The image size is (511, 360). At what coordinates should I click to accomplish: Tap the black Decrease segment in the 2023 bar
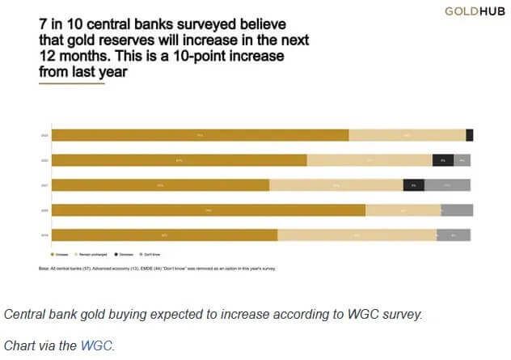pyautogui.click(x=470, y=135)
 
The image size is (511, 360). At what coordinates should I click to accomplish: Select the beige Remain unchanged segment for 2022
pyautogui.click(x=370, y=160)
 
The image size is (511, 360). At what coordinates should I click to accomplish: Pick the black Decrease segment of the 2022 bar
pyautogui.click(x=443, y=160)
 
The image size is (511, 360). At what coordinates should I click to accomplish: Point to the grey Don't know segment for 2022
pyautogui.click(x=462, y=160)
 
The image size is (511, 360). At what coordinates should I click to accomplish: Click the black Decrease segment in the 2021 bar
pyautogui.click(x=413, y=185)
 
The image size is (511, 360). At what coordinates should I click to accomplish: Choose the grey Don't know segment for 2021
pyautogui.click(x=447, y=185)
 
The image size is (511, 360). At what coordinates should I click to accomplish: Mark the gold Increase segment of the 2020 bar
pyautogui.click(x=209, y=210)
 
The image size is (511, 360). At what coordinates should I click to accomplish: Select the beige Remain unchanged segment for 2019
pyautogui.click(x=357, y=235)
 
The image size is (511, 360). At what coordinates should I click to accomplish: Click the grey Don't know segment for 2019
pyautogui.click(x=454, y=235)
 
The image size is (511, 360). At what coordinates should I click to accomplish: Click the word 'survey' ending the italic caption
pyautogui.click(x=402, y=314)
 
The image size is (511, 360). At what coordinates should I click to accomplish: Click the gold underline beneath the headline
pyautogui.click(x=71, y=83)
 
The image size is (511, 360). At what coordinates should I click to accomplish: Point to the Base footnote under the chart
pyautogui.click(x=158, y=268)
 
